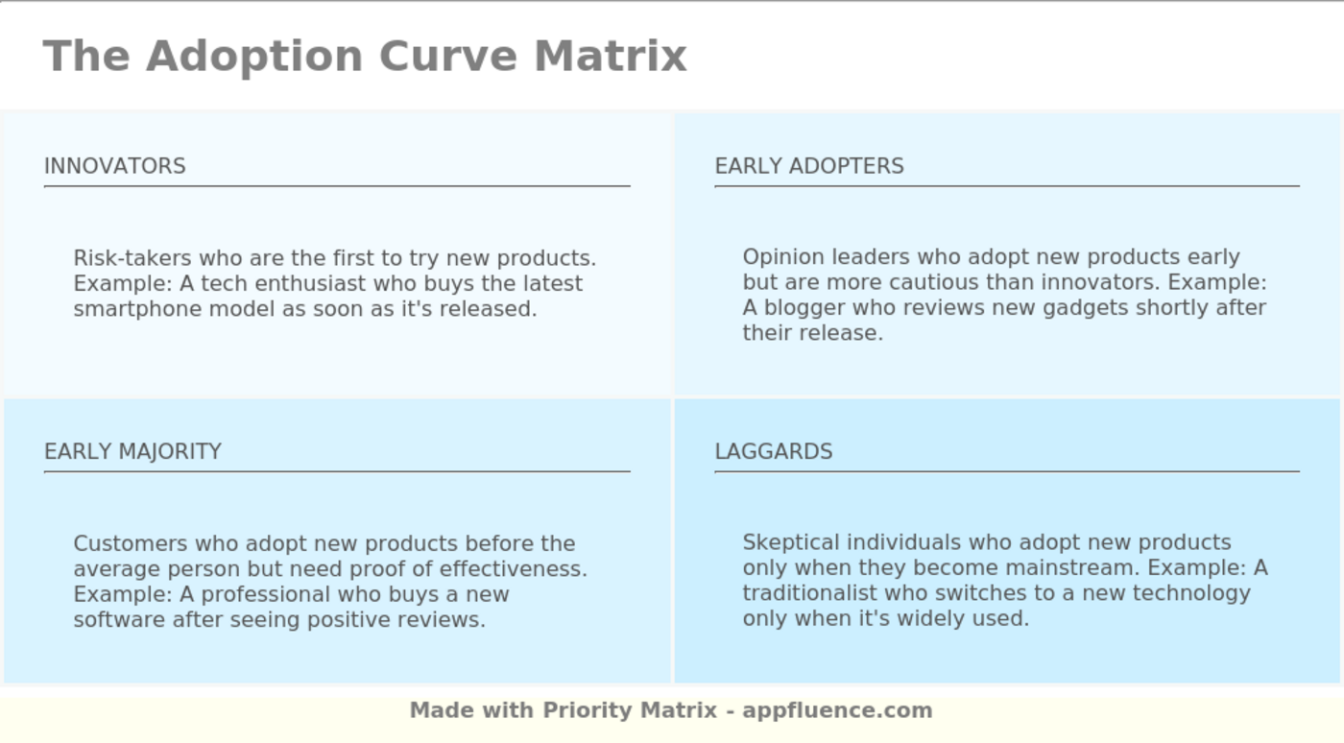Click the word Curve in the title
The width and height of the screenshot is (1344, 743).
448,57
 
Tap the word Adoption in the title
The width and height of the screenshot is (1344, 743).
254,58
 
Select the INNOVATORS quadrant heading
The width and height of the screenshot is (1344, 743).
115,166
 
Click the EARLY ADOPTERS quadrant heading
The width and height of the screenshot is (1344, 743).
809,166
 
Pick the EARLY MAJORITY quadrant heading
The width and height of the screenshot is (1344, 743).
133,451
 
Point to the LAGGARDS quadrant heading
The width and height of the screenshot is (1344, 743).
774,451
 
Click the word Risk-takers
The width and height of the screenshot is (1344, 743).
132,258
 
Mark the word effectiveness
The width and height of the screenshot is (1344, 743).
514,569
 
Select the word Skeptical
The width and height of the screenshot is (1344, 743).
791,543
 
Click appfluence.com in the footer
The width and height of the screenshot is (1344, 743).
837,711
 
